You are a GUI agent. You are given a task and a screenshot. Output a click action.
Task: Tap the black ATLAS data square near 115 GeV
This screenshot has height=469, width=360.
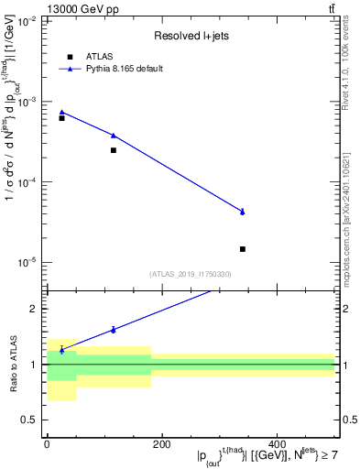pos(114,150)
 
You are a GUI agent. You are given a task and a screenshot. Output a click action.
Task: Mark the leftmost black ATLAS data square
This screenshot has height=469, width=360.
pos(61,118)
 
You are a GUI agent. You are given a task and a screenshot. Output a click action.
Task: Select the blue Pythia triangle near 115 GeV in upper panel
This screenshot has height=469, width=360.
pos(114,136)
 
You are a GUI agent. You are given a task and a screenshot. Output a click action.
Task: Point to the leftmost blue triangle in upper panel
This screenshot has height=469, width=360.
pos(61,112)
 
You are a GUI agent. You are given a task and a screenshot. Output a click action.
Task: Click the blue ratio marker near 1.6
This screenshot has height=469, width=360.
pos(114,330)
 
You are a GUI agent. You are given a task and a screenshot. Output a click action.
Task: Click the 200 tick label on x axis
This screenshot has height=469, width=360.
pos(161,445)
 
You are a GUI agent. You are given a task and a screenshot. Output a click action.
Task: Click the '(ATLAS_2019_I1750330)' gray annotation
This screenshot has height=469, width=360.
pos(191,274)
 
